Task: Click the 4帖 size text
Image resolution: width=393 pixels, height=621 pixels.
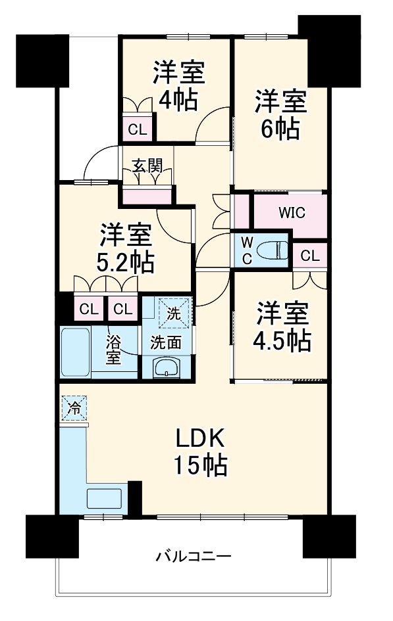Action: (178, 99)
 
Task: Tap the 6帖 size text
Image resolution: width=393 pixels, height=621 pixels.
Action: (280, 127)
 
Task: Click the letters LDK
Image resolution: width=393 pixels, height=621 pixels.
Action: (201, 438)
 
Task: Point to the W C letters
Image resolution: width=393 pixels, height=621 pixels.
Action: (246, 250)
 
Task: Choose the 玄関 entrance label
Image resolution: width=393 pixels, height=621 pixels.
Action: (147, 166)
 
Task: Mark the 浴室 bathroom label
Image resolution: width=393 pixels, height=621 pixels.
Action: (115, 350)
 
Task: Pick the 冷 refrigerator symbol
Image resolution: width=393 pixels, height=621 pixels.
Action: (74, 408)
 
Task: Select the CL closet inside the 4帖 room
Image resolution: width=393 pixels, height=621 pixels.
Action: (138, 129)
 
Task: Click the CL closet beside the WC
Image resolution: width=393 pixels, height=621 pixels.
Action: (310, 255)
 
